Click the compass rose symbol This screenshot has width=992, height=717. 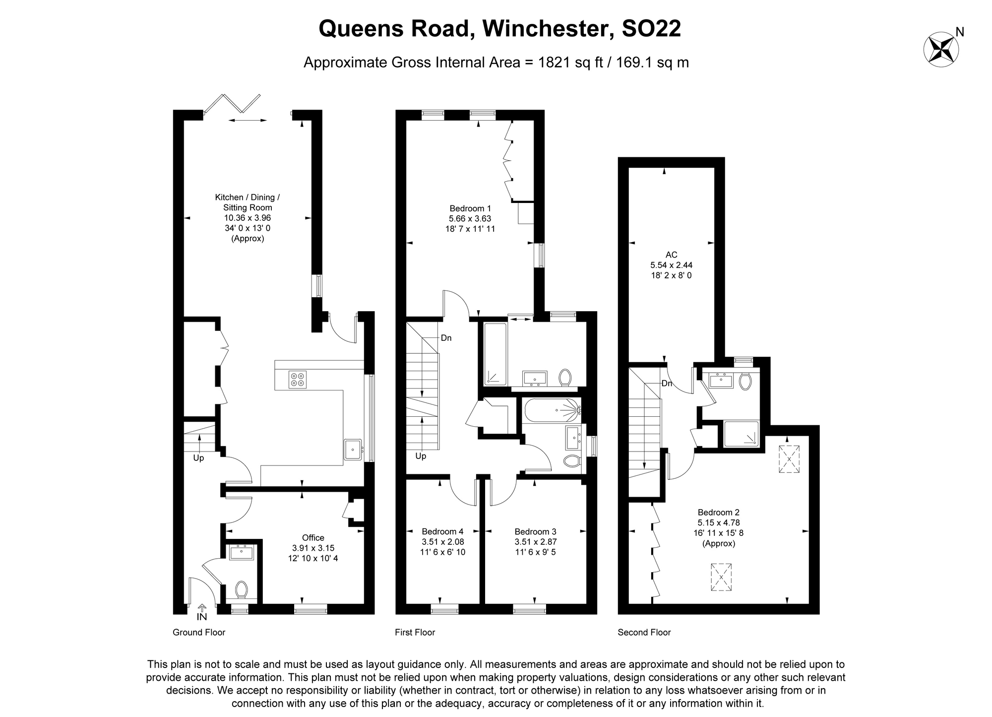[x=941, y=50]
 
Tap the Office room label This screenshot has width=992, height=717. [x=313, y=538]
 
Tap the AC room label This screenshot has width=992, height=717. [x=671, y=255]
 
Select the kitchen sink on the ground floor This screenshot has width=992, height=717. [x=353, y=450]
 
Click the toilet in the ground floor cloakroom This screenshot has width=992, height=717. [x=242, y=589]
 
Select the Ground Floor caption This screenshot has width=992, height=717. [x=199, y=632]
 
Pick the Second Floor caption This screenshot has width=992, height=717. [x=644, y=632]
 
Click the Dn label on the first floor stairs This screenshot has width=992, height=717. [x=446, y=338]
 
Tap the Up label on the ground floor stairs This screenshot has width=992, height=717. [x=198, y=458]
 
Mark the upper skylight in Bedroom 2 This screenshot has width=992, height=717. [x=789, y=459]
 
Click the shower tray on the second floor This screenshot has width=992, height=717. [x=741, y=433]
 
